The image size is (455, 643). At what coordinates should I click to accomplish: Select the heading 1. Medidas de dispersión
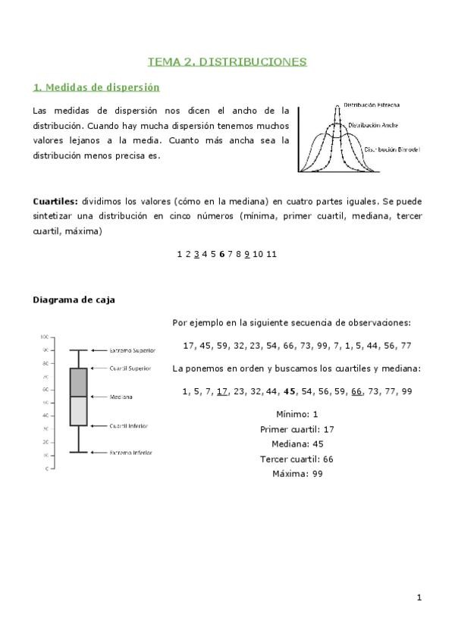pos(96,87)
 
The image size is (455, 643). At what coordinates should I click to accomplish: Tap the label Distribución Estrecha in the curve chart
pos(372,105)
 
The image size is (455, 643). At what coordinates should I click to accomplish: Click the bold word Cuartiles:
pos(55,202)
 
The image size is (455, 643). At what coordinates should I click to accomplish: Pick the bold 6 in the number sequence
pos(221,254)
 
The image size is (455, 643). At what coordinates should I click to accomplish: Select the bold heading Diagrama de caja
pos(74,300)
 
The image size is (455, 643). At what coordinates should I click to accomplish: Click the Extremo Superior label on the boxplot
pos(133,350)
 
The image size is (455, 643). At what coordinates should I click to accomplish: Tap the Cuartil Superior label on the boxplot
pos(130,368)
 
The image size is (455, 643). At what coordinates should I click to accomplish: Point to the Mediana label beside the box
pos(121,397)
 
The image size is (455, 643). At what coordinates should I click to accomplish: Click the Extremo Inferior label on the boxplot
pos(131,452)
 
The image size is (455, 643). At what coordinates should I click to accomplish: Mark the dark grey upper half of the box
pos(78,382)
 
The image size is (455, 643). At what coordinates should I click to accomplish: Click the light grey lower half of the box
pos(78,411)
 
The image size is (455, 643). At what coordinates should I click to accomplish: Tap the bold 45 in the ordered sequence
pos(290,391)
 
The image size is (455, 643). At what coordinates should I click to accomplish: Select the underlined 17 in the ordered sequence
pos(222,391)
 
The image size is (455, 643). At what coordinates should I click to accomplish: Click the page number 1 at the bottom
pos(419,598)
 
